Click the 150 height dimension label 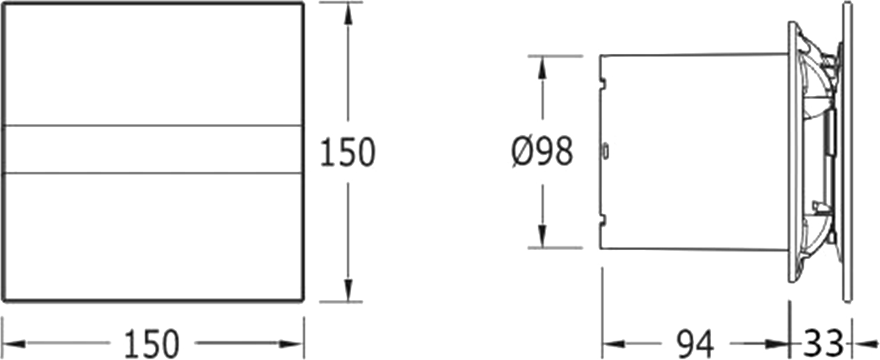coord(347,152)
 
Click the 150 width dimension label coord(151,344)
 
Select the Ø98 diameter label coord(542,152)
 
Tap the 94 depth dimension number coord(695,344)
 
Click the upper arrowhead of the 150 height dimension coord(348,13)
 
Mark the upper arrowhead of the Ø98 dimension coord(542,68)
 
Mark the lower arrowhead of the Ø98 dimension coord(542,236)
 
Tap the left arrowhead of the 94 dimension coord(614,343)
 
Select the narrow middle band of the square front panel coord(152,149)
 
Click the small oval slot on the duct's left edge coord(606,150)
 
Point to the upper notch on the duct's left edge coord(603,83)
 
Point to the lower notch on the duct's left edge coord(603,220)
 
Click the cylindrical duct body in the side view coord(694,152)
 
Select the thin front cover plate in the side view coord(848,152)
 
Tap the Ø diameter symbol coord(522,153)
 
